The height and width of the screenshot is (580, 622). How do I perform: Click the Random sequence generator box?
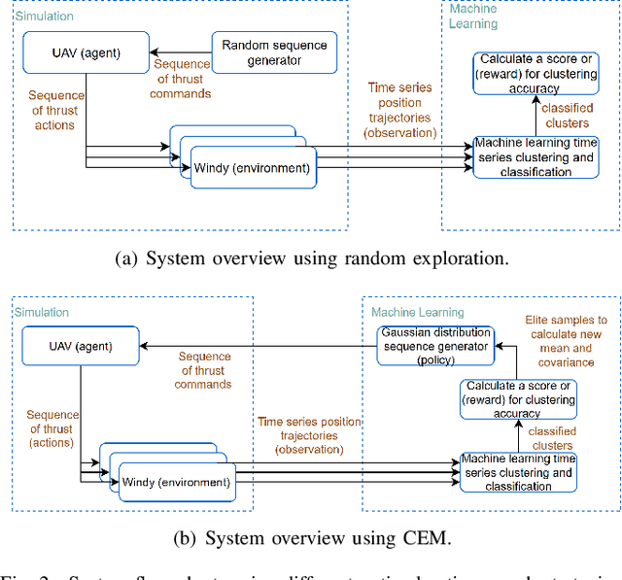click(273, 51)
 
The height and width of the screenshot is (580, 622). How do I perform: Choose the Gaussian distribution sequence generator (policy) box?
click(434, 346)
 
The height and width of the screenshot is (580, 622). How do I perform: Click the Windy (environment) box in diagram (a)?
click(252, 168)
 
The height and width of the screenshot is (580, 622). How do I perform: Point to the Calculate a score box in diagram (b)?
click(517, 399)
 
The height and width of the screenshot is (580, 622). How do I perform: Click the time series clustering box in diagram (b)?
click(517, 472)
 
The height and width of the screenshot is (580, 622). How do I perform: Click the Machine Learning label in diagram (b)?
click(417, 312)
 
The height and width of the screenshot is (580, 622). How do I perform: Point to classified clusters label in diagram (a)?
click(566, 117)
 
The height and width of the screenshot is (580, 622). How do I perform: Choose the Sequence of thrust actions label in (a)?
click(54, 110)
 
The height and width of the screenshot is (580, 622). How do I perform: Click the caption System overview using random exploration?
click(311, 259)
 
